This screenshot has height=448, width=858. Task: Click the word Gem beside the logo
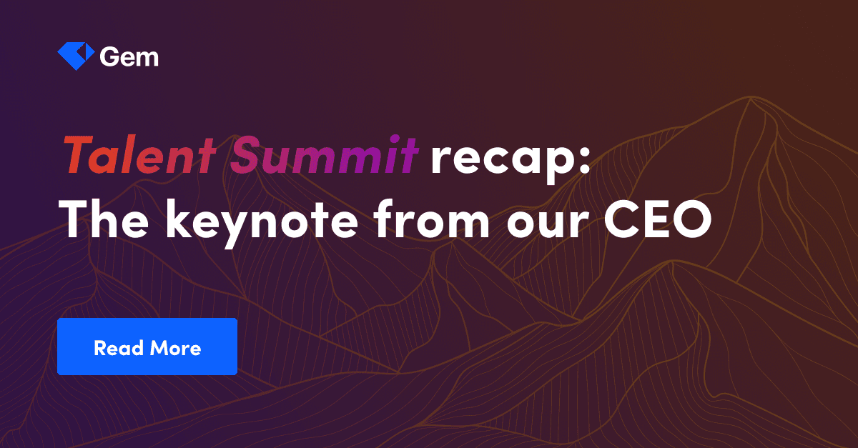pyautogui.click(x=129, y=57)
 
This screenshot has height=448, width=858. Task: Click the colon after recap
pyautogui.click(x=583, y=161)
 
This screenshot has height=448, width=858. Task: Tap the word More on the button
pyautogui.click(x=175, y=348)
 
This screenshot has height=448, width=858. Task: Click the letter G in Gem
pyautogui.click(x=109, y=57)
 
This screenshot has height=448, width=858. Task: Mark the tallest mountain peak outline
pyautogui.click(x=749, y=100)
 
